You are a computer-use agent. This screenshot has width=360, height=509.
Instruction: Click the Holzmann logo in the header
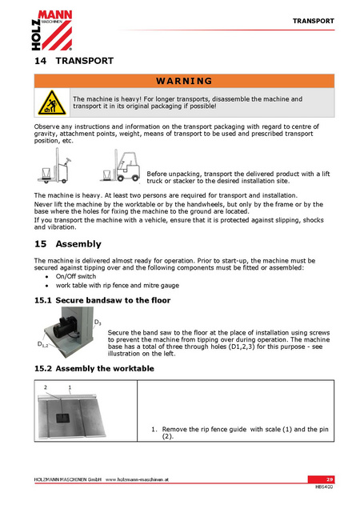52,30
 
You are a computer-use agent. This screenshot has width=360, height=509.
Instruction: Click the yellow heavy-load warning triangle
52,103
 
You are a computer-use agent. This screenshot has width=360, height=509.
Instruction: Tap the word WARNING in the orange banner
184,81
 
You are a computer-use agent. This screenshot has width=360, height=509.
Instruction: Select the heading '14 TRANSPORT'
74,61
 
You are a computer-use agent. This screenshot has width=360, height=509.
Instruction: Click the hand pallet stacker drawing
54,166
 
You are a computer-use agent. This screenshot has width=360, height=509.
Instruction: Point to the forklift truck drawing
120,166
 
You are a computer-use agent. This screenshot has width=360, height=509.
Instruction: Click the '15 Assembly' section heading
68,244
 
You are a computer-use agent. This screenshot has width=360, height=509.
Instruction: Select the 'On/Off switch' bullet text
76,276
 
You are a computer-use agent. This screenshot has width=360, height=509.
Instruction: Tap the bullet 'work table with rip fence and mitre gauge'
118,286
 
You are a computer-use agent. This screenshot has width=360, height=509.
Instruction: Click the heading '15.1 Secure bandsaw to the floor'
102,300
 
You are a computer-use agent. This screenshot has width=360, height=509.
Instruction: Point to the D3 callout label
98,323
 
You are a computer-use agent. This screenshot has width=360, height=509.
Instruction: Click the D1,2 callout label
42,344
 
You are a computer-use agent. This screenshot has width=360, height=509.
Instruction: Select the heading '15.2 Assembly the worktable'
94,368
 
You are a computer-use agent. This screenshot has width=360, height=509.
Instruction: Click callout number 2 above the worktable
46,387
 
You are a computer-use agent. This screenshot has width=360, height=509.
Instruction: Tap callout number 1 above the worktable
70,387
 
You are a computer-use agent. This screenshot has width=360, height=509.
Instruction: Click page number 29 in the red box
330,479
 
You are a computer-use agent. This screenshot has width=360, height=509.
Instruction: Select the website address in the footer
137,479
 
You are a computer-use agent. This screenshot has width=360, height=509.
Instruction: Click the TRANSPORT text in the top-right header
314,21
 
